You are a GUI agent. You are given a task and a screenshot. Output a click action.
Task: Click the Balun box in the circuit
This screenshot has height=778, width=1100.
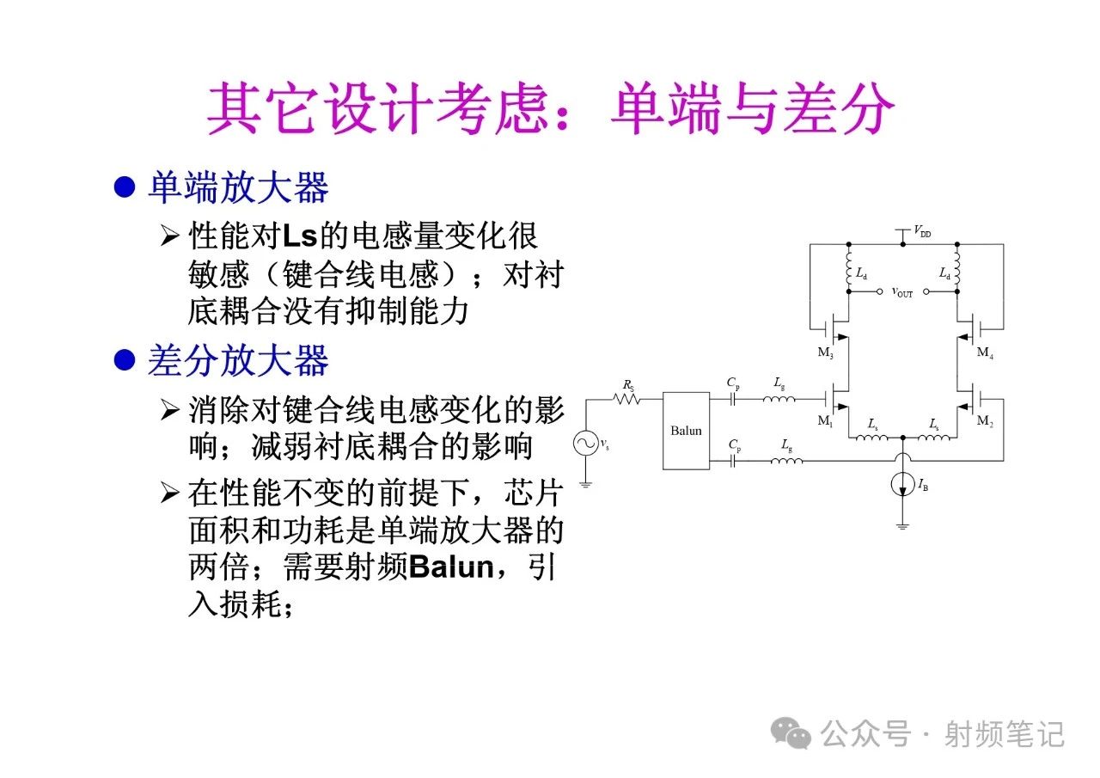[x=686, y=431]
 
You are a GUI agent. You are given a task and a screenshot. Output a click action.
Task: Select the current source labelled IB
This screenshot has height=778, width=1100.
[x=902, y=485]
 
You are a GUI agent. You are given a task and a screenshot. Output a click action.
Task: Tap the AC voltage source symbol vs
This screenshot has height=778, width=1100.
[x=585, y=443]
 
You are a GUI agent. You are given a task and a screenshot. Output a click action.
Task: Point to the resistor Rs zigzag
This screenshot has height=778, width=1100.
[x=626, y=399]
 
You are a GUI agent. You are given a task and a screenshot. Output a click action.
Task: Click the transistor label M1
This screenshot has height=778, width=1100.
[x=825, y=421]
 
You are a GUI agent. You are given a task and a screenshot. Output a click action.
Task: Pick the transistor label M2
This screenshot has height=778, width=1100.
[x=985, y=421]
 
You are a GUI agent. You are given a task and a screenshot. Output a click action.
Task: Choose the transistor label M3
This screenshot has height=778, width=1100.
[x=825, y=352]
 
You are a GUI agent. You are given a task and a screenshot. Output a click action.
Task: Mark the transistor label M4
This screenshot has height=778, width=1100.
[x=985, y=352]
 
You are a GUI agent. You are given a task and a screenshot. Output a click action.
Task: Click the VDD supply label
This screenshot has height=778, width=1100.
[x=922, y=231]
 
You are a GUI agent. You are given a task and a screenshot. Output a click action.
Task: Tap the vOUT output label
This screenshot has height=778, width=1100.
[x=902, y=292]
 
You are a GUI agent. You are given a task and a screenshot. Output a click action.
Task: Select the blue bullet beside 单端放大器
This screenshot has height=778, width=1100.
[x=125, y=187]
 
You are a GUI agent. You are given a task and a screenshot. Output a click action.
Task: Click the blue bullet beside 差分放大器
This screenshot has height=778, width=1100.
[x=125, y=359]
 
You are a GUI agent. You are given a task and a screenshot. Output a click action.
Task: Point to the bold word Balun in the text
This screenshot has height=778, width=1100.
[x=451, y=567]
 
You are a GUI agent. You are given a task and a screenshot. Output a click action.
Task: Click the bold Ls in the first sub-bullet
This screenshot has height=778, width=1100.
[x=300, y=236]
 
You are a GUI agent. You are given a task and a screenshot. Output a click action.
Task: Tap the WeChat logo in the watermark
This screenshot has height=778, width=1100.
[x=791, y=732]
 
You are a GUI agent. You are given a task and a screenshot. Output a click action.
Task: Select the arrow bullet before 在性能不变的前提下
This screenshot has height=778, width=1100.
[x=169, y=493]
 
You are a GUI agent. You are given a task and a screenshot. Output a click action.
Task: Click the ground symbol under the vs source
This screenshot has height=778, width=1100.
[x=585, y=484]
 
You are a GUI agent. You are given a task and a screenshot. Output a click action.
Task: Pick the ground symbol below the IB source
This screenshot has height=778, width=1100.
[x=902, y=527]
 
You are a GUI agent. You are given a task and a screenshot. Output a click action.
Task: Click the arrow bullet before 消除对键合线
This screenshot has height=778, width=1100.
[x=169, y=409]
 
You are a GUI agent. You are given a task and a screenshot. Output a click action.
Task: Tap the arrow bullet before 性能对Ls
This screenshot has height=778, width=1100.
[x=169, y=236]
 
